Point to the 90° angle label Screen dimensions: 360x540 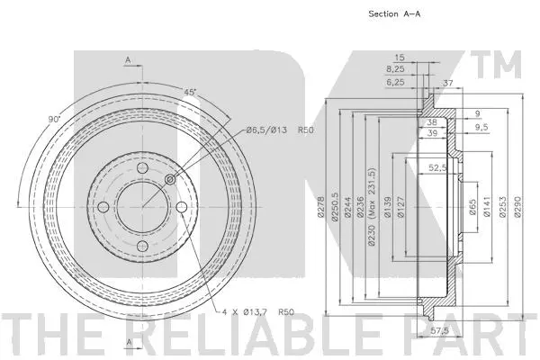54,119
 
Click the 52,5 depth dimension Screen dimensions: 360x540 438,166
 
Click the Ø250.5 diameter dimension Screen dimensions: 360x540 334,209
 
